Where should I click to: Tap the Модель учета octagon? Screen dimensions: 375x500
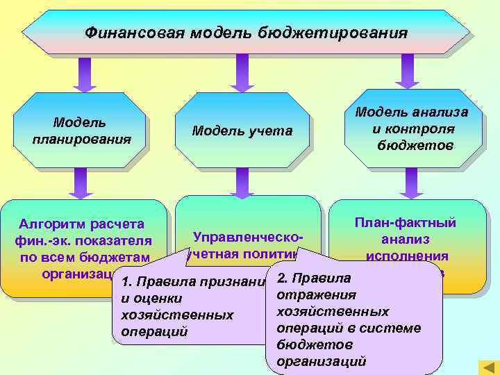coord(242,131)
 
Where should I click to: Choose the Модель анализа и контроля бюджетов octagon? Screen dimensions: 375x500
coord(412,128)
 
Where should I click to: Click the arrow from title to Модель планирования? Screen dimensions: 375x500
coord(85,73)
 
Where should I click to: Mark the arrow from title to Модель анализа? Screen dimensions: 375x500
coord(408,71)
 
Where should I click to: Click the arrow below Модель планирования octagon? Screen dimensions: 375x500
coord(81,184)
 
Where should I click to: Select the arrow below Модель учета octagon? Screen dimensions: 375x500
coord(242,184)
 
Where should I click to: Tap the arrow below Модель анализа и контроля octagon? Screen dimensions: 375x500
coord(412,183)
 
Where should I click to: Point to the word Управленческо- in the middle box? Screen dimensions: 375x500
coord(247,237)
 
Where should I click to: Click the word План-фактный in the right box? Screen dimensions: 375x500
coord(405,222)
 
